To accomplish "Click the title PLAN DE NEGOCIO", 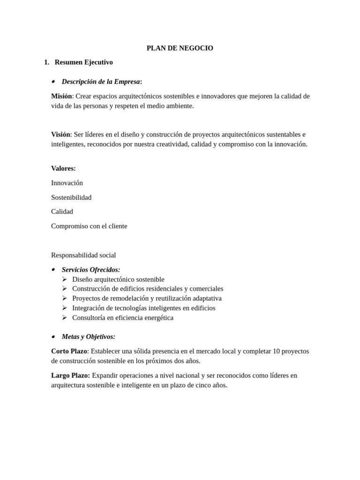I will pyautogui.click(x=180, y=48).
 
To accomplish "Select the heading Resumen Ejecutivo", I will pyautogui.click(x=83, y=62).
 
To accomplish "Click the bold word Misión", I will pyautogui.click(x=61, y=96).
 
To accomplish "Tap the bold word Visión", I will pyautogui.click(x=60, y=135).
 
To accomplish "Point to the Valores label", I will pyautogui.click(x=63, y=168).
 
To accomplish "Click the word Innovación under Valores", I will pyautogui.click(x=67, y=183).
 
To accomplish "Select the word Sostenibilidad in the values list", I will pyautogui.click(x=71, y=197).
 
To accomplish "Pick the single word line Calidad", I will pyautogui.click(x=62, y=211).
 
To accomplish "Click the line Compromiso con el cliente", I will pyautogui.click(x=89, y=226).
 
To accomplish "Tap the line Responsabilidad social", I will pyautogui.click(x=83, y=255).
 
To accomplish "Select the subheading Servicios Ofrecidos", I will pyautogui.click(x=91, y=270).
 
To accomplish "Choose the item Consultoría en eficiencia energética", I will pyautogui.click(x=123, y=318).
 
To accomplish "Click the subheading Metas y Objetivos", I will pyautogui.click(x=88, y=337).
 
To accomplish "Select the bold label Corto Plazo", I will pyautogui.click(x=69, y=351).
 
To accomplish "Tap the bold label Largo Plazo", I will pyautogui.click(x=71, y=375).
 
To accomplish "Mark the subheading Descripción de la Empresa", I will pyautogui.click(x=101, y=82).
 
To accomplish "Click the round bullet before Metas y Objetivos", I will pyautogui.click(x=53, y=337).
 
